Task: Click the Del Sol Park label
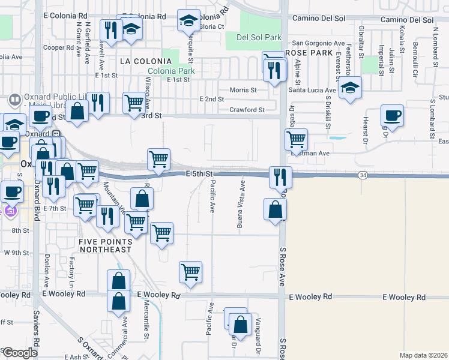[259, 37]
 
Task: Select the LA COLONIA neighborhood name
[142, 61]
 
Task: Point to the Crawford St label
[247, 110]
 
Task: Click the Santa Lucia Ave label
[312, 89]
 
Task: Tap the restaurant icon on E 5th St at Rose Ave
[280, 176]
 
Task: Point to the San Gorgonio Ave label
[318, 44]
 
